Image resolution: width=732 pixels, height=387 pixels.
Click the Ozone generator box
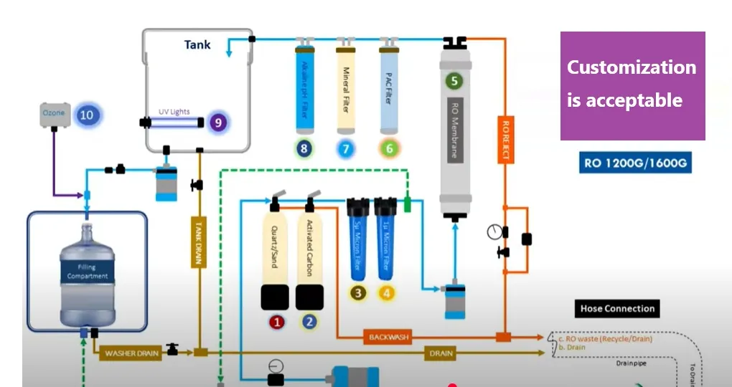[53, 114]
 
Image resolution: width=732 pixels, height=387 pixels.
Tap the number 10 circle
[86, 114]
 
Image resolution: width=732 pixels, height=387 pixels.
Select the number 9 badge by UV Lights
[217, 123]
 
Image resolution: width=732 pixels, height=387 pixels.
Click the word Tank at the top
[197, 44]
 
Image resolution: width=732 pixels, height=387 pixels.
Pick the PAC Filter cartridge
[389, 89]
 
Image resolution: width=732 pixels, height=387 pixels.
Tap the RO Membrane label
[455, 128]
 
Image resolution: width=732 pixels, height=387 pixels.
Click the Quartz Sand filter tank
[275, 247]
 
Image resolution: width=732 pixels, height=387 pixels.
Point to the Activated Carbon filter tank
[310, 247]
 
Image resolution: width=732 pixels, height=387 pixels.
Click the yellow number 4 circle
[387, 292]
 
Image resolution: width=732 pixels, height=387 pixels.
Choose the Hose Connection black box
[617, 309]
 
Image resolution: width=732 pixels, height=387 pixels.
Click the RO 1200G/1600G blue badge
[636, 163]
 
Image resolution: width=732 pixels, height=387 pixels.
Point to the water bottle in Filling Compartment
[87, 276]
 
